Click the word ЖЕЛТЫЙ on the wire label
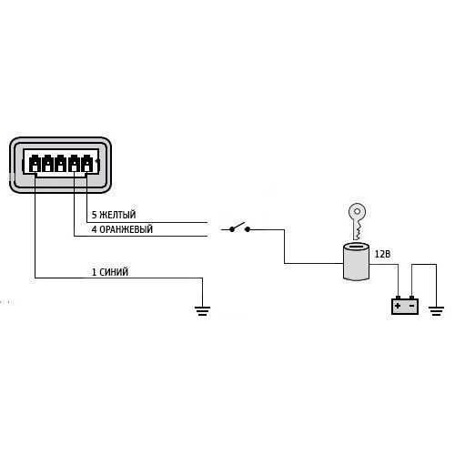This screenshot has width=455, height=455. click(117, 215)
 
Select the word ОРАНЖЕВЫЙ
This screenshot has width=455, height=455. click(126, 229)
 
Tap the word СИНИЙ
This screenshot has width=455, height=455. click(114, 272)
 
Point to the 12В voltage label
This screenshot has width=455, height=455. click(382, 254)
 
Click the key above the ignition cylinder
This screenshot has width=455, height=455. click(358, 221)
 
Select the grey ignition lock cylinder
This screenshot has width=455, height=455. click(356, 261)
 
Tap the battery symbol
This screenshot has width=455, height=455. click(405, 305)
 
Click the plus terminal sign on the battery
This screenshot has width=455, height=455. click(398, 306)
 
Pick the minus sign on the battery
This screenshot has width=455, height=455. click(412, 306)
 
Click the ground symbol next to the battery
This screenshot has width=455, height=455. click(436, 311)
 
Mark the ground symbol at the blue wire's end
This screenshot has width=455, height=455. click(202, 311)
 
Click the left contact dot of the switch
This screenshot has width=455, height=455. click(232, 229)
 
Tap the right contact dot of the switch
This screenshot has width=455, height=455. click(248, 229)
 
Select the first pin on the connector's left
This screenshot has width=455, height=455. click(35, 164)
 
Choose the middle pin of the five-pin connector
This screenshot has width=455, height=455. click(61, 164)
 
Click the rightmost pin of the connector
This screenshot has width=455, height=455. click(86, 164)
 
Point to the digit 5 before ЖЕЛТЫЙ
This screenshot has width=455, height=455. click(95, 215)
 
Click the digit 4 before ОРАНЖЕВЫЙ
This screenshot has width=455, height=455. click(95, 229)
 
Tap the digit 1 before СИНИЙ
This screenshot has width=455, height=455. click(94, 272)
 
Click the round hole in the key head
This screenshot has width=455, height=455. click(358, 211)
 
